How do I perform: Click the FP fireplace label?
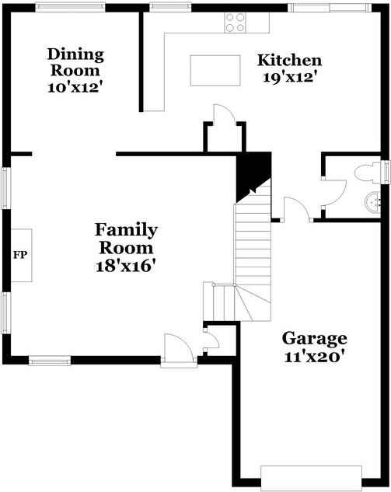click(20, 255)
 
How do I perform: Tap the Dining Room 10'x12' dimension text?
click(75, 88)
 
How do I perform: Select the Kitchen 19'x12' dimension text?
click(288, 77)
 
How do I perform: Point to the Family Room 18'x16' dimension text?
click(126, 267)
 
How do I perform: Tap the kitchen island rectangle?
click(215, 70)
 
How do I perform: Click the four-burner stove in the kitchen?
click(235, 23)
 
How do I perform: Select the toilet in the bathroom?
click(368, 173)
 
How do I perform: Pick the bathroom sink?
click(373, 202)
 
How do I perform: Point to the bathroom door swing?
click(334, 193)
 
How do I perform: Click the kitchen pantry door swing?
click(224, 114)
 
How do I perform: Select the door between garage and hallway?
click(296, 208)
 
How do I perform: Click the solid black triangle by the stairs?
click(253, 176)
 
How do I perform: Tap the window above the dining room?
click(70, 7)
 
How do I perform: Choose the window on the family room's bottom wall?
click(50, 360)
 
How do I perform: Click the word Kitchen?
click(289, 61)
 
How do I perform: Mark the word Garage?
click(314, 339)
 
